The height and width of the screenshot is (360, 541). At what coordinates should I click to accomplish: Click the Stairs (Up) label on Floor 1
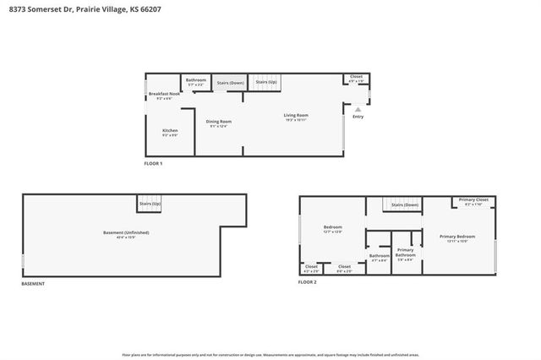[267, 83]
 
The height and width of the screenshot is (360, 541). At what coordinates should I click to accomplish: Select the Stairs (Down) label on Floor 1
[230, 83]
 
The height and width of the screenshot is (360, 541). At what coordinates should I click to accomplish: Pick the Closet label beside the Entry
[356, 78]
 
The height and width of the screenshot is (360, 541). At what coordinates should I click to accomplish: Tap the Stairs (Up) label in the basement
[150, 205]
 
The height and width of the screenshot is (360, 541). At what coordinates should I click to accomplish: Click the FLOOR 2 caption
[307, 281]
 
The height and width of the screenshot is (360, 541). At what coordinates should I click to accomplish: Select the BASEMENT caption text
[33, 284]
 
